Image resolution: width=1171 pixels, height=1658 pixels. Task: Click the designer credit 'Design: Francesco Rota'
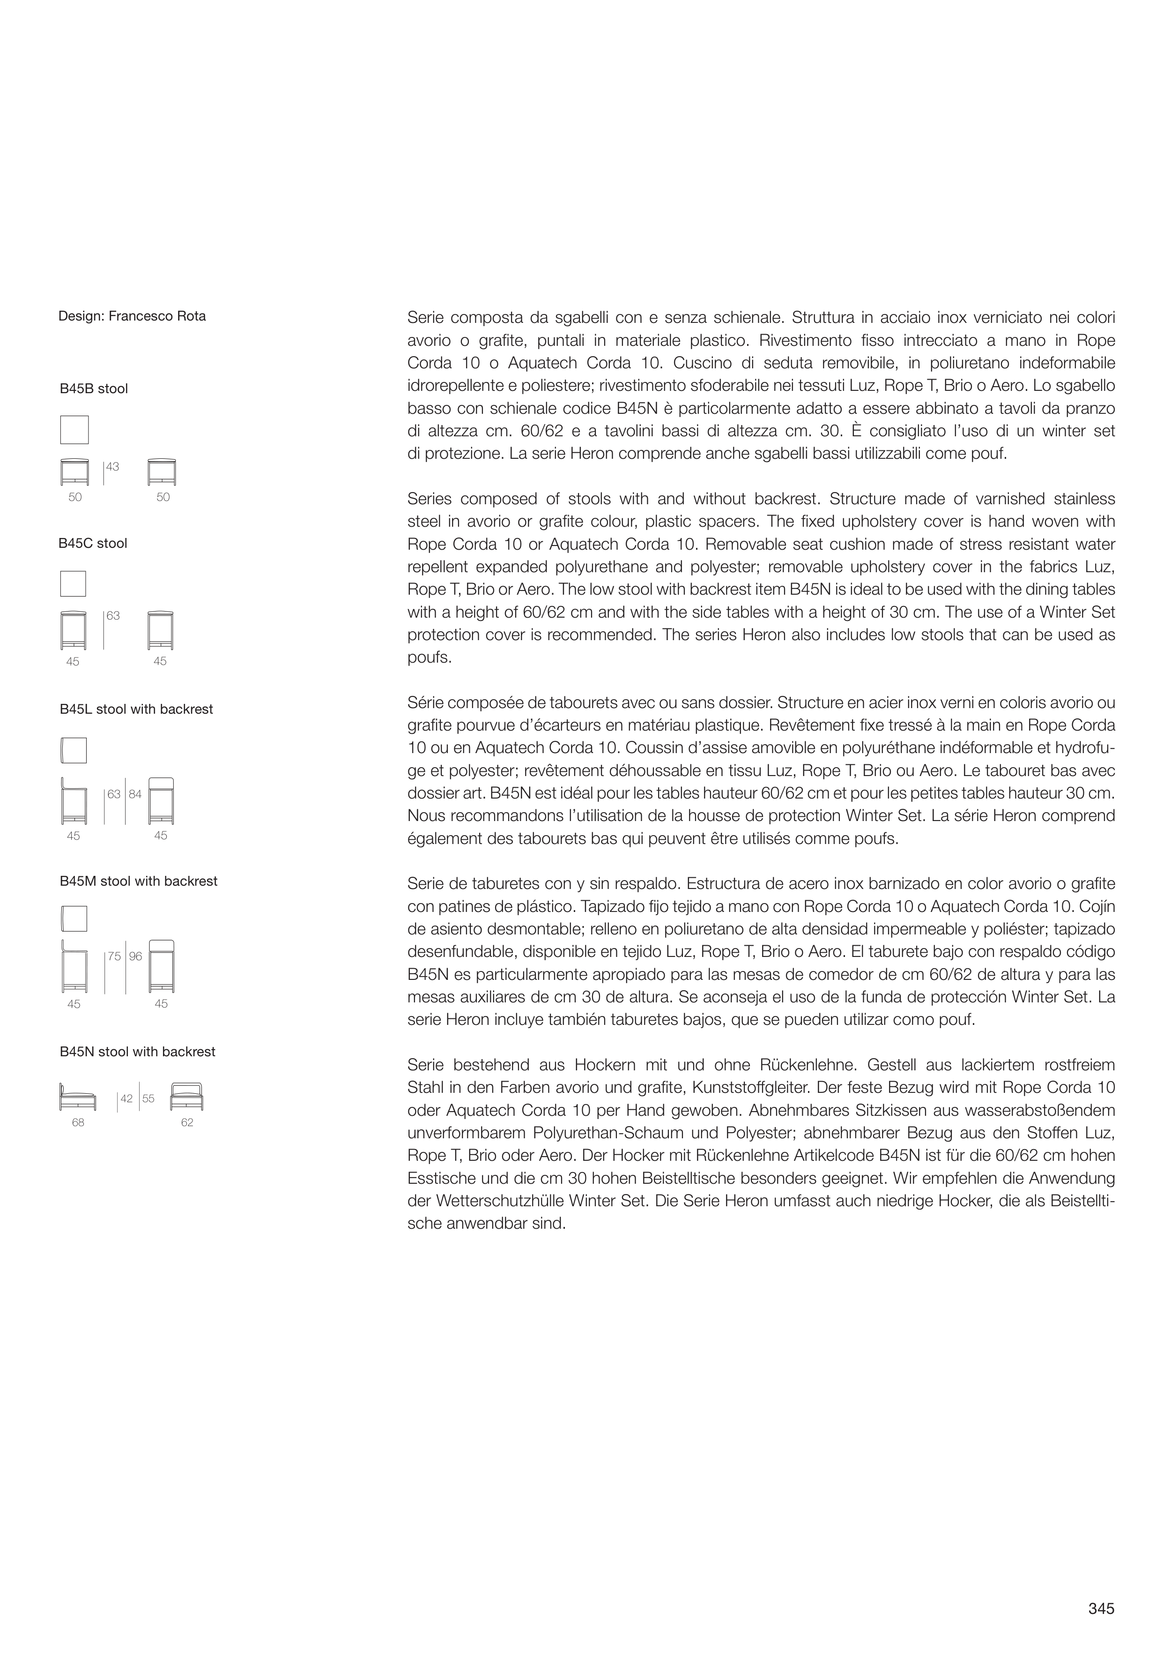pos(132,316)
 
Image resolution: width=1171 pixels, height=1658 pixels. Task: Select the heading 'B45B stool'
pos(94,389)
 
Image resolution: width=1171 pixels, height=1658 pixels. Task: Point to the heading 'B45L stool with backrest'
pos(136,710)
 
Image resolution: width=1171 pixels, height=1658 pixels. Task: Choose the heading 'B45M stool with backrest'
pos(139,881)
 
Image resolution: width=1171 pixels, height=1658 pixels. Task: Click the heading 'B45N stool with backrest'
pos(137,1052)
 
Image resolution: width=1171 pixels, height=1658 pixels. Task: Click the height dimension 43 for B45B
pos(112,467)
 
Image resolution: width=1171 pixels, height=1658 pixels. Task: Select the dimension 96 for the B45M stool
pos(136,957)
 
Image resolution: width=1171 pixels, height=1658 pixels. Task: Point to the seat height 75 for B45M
pos(114,957)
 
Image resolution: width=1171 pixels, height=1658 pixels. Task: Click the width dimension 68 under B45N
pos(78,1123)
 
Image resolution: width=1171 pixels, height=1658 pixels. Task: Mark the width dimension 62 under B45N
pos(187,1123)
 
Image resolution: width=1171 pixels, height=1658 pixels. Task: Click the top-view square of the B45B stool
pos(74,430)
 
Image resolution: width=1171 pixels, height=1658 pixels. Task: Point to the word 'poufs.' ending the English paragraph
pos(430,658)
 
